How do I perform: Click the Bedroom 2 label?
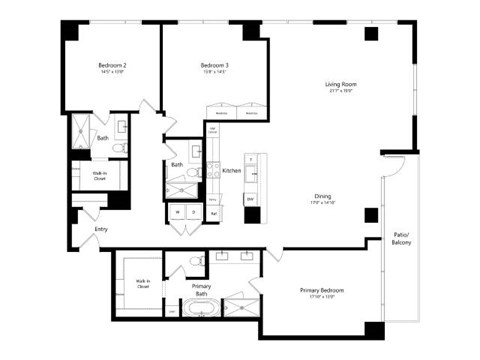pyautogui.click(x=112, y=64)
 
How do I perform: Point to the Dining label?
pyautogui.click(x=323, y=196)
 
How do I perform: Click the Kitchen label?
pyautogui.click(x=231, y=171)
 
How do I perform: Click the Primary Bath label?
pyautogui.click(x=201, y=290)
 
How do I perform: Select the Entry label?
pyautogui.click(x=101, y=230)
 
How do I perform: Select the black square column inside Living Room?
pyautogui.click(x=371, y=34)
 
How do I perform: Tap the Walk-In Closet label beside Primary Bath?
pyautogui.click(x=144, y=283)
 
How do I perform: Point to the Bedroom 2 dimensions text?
pyautogui.click(x=112, y=73)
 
